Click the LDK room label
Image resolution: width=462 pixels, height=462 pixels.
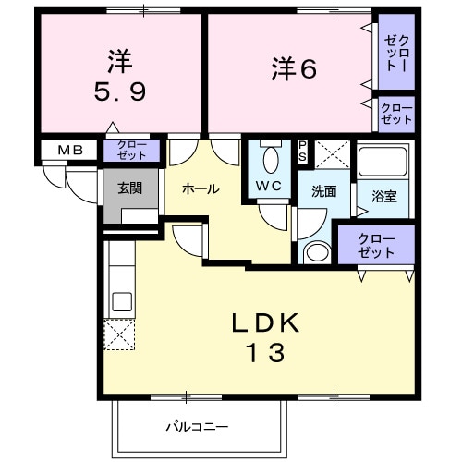point(265,322)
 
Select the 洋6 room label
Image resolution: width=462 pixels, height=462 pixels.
point(294,68)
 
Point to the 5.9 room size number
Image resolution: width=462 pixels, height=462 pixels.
point(119,93)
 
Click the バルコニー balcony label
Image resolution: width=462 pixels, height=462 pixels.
point(197,427)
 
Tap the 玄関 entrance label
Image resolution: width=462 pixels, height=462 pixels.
point(129,188)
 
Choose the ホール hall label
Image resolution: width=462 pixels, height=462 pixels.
point(201,188)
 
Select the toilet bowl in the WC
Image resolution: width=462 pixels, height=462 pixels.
point(271,159)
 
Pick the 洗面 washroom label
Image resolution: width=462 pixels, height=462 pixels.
point(322,193)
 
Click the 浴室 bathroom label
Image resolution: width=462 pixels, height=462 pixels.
point(383,196)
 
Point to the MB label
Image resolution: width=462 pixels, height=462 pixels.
point(70,150)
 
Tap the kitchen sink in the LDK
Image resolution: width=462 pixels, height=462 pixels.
point(121,301)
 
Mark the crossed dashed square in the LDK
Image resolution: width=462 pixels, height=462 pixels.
point(119,334)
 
